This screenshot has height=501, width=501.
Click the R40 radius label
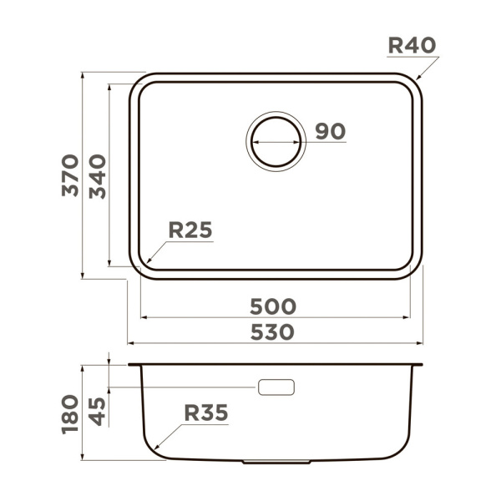point(412,45)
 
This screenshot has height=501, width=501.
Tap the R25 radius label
point(190,230)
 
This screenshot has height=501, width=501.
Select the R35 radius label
point(206,412)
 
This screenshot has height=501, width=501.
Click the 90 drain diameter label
point(331,131)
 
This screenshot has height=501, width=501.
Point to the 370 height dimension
point(70,175)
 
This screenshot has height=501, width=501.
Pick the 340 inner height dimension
point(97,177)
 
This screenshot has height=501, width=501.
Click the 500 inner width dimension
point(273,306)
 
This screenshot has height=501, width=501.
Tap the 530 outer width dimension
point(272,332)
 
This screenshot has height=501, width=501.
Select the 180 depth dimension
point(70,414)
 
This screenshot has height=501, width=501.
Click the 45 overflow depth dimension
point(97,411)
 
